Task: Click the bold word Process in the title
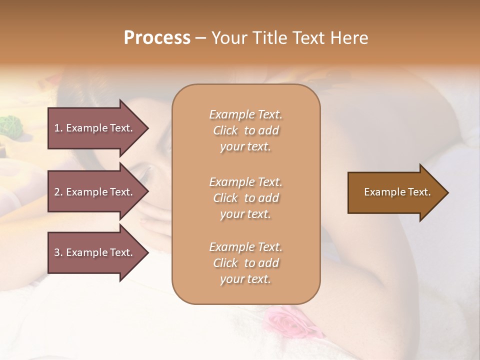click(157, 38)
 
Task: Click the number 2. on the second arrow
click(58, 192)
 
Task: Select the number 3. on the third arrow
click(58, 252)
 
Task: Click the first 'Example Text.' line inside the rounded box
click(245, 114)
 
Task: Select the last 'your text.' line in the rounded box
click(245, 279)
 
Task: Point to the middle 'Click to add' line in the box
click(245, 198)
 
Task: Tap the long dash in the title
click(201, 38)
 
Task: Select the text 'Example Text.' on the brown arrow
click(397, 192)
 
